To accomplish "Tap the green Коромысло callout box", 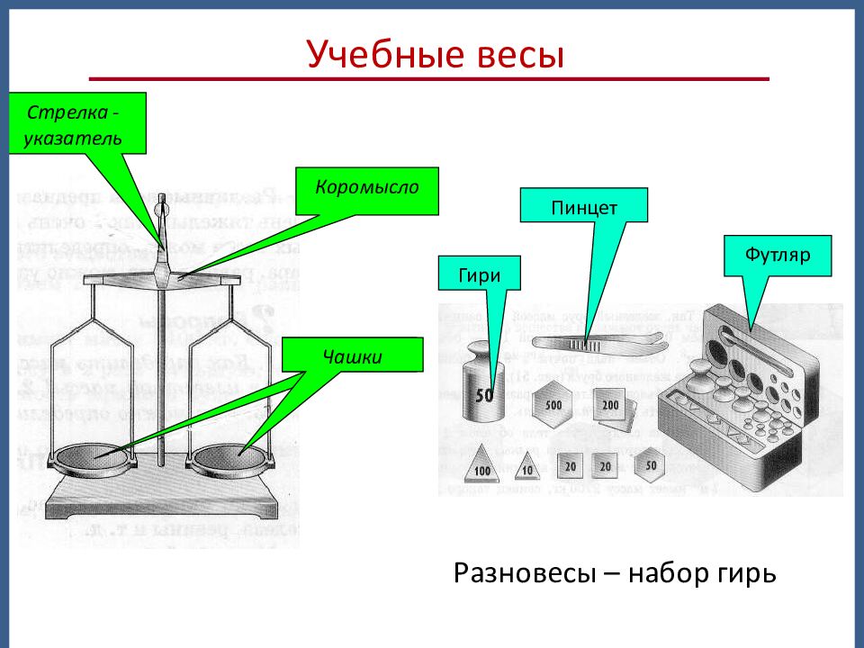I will coord(366,191).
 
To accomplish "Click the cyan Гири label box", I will coord(480,274).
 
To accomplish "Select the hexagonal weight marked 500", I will coord(553,404).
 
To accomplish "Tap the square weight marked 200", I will coord(611,406).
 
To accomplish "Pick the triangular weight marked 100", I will coord(482,466).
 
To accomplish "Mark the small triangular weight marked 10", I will coord(526,467).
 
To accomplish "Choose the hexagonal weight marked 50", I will coord(650,465).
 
